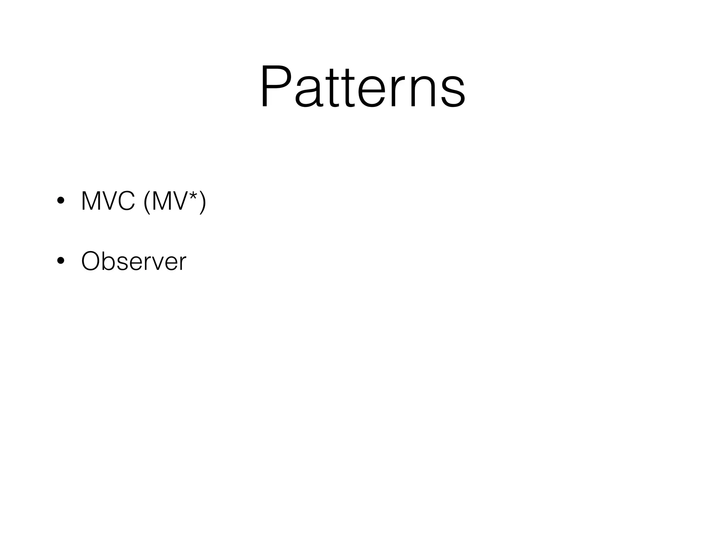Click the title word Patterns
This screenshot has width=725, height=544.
[362, 87]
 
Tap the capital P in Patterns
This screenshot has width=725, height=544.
[276, 87]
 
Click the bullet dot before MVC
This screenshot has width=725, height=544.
[61, 201]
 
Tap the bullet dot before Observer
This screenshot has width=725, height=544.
[61, 261]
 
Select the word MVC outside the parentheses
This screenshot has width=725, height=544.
[108, 201]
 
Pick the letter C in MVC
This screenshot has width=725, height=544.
[126, 201]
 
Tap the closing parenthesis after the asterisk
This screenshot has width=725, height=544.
[202, 202]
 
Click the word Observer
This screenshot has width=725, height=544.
[133, 261]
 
